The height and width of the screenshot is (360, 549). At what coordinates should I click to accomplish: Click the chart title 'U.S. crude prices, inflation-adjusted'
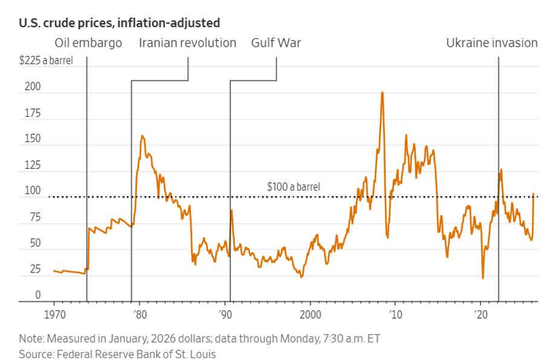pyautogui.click(x=119, y=24)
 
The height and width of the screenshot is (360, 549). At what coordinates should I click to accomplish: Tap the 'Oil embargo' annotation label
pyautogui.click(x=88, y=43)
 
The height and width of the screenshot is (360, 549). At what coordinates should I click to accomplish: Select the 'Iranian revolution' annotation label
pyautogui.click(x=187, y=43)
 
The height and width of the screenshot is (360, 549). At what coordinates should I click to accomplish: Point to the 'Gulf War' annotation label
pyautogui.click(x=276, y=43)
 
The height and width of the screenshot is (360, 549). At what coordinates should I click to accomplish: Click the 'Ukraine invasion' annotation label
pyautogui.click(x=492, y=43)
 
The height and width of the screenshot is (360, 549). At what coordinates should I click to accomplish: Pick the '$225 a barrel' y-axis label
pyautogui.click(x=46, y=61)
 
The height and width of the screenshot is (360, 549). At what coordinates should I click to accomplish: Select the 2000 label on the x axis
pyautogui.click(x=310, y=315)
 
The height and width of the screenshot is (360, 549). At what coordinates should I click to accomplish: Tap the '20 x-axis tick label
pyautogui.click(x=481, y=315)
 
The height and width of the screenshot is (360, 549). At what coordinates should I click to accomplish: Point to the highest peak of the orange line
pyautogui.click(x=382, y=93)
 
